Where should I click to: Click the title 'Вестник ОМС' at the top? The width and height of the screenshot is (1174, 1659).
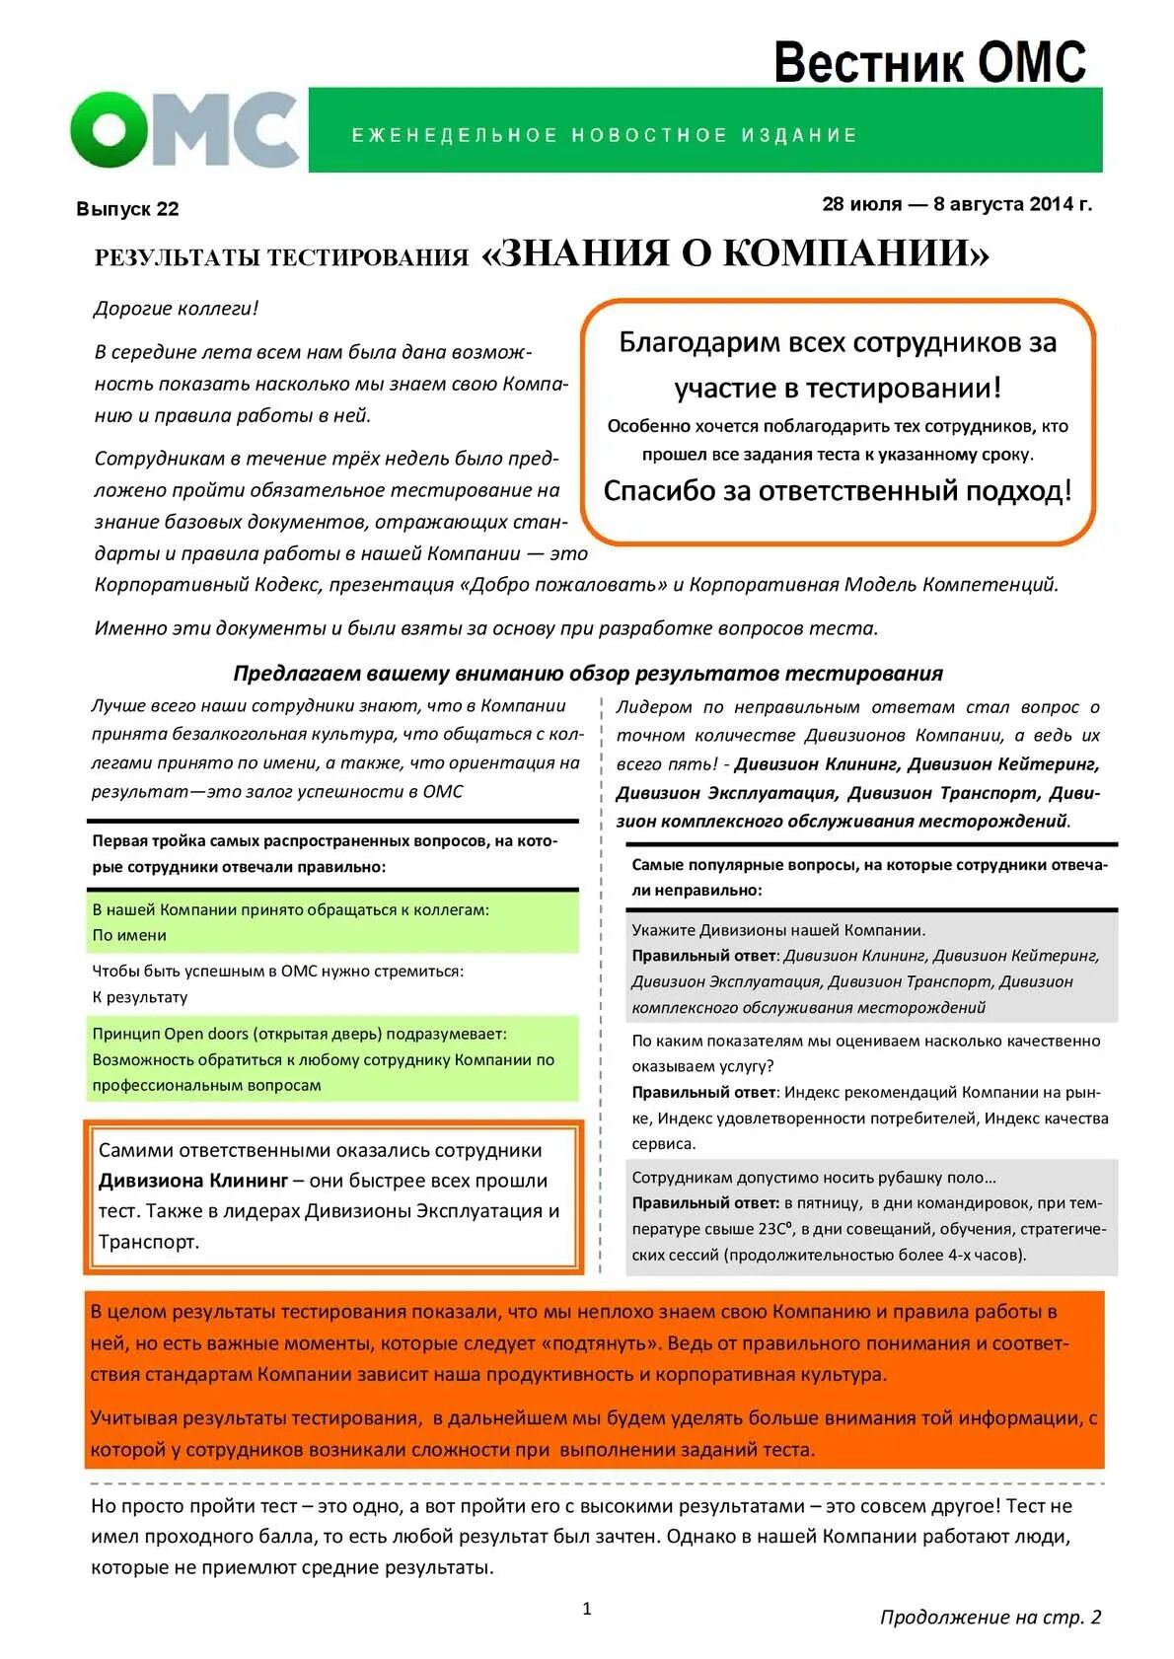click(x=928, y=63)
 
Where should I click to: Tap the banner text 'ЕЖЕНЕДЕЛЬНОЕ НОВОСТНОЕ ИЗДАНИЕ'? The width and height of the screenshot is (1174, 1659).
click(x=605, y=135)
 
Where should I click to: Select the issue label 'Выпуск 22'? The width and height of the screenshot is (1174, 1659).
click(x=127, y=209)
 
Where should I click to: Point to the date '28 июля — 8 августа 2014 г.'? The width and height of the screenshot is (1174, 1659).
click(x=956, y=204)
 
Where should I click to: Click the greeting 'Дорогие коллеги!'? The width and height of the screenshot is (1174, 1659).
click(x=176, y=309)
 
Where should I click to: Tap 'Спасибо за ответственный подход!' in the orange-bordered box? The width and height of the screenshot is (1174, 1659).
click(x=837, y=490)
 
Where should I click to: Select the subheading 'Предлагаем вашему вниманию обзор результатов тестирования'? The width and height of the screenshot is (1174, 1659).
click(x=588, y=673)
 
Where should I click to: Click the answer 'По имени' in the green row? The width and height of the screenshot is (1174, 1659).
click(x=129, y=935)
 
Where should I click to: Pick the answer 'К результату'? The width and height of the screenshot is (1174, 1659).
click(x=139, y=997)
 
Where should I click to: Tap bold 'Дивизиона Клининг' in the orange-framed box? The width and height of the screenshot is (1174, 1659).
click(x=193, y=1181)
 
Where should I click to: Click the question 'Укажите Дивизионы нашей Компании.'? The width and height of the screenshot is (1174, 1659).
click(x=777, y=930)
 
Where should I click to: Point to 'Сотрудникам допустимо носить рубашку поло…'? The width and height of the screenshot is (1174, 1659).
click(x=813, y=1178)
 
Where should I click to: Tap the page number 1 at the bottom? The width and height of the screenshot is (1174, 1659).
click(x=587, y=1609)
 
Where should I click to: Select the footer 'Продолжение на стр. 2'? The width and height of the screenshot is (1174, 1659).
click(x=990, y=1617)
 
